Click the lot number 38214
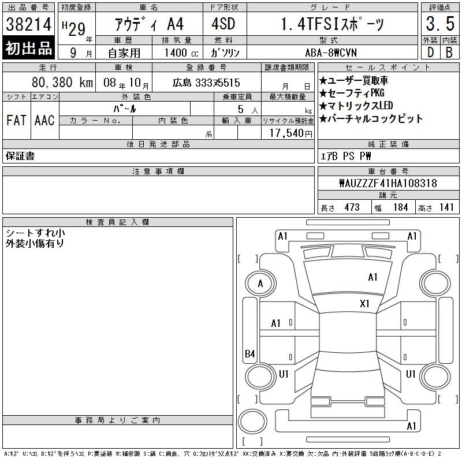click(28, 24)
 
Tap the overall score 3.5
click(440, 24)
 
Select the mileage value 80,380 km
click(62, 82)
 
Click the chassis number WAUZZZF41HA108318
click(388, 183)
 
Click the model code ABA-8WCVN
click(331, 53)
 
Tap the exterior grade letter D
click(430, 53)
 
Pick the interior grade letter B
click(449, 53)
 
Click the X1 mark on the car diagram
click(364, 304)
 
